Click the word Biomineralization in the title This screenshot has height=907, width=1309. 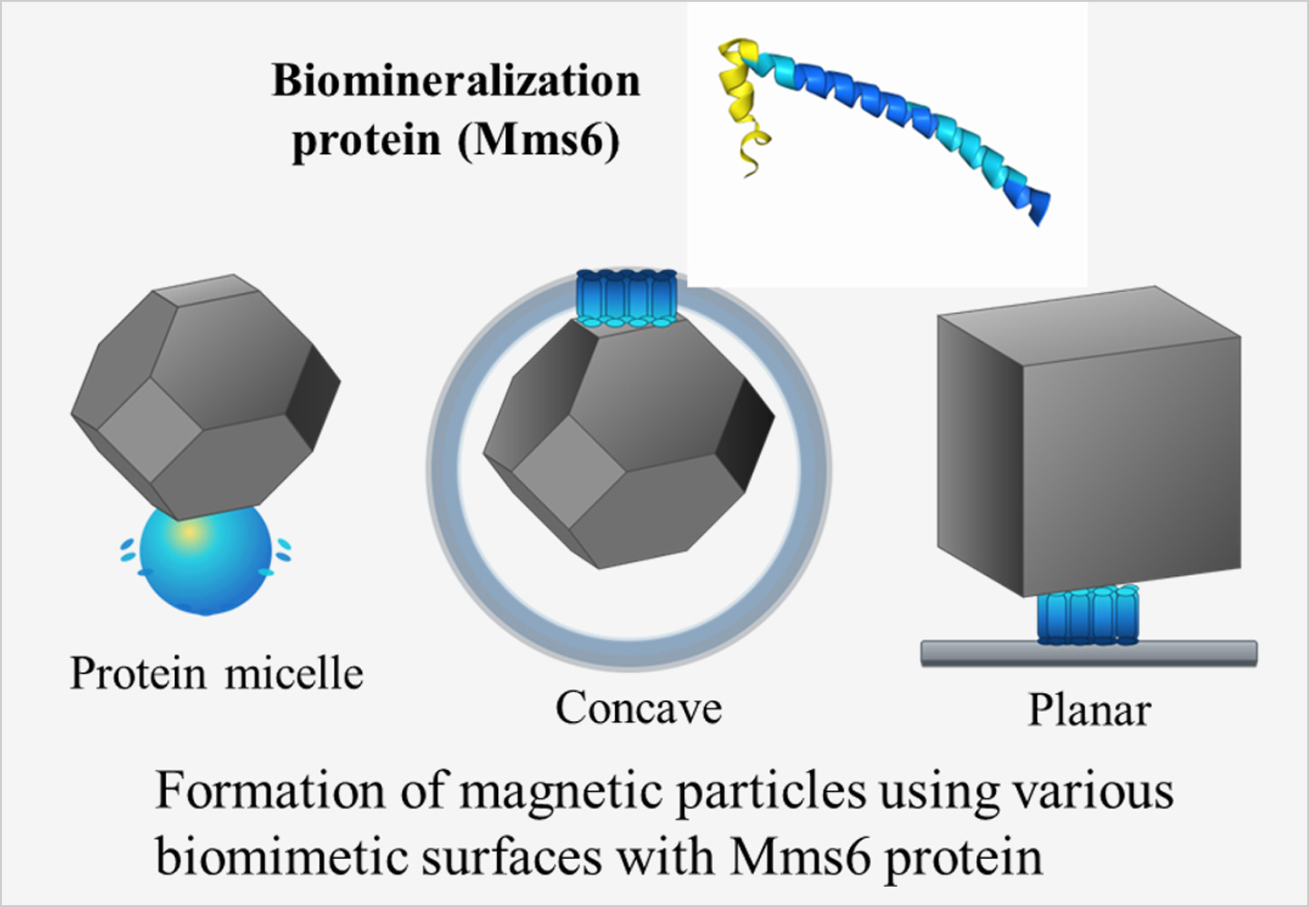(x=455, y=81)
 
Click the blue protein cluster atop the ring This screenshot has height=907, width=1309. (x=627, y=297)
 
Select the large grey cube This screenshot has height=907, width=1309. (x=1089, y=444)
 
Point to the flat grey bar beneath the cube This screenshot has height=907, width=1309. (x=1089, y=653)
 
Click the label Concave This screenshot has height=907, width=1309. (x=639, y=708)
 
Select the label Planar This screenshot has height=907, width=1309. (x=1089, y=710)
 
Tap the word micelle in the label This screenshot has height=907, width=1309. (x=294, y=674)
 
